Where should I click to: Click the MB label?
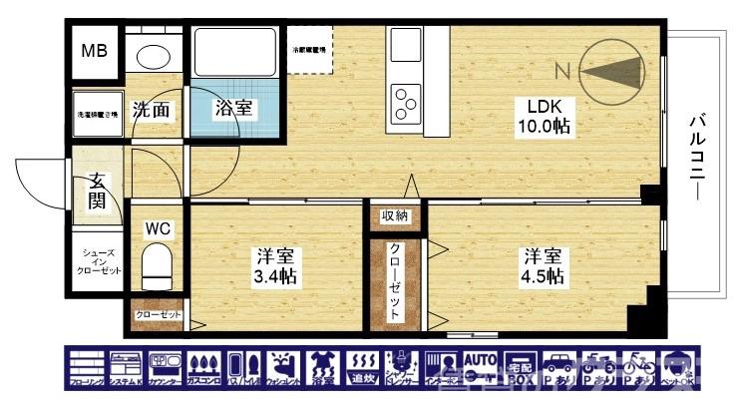click(x=96, y=51)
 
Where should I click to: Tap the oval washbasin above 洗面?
click(x=154, y=56)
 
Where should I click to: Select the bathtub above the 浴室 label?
click(x=235, y=51)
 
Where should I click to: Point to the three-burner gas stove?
click(x=406, y=98)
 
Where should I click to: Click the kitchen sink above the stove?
click(x=406, y=44)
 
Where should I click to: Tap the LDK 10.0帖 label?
click(x=543, y=117)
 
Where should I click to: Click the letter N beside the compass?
click(x=561, y=70)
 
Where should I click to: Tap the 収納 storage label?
click(x=394, y=215)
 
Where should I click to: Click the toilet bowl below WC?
click(x=158, y=266)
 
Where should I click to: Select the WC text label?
click(x=158, y=228)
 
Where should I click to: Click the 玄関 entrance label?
click(x=97, y=192)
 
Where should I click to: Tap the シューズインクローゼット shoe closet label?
click(x=100, y=262)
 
